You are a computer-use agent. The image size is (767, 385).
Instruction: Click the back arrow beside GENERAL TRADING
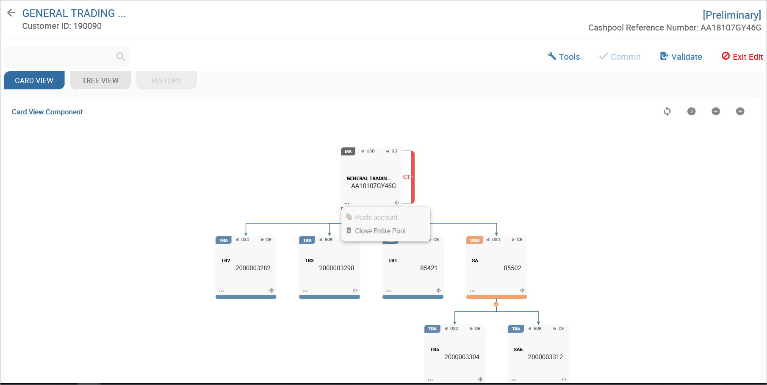pos(11,13)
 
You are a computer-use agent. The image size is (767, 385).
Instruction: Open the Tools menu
pos(564,57)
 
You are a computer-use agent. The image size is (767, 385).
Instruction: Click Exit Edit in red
pos(742,57)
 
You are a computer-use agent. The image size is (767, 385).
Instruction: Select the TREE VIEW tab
pos(100,80)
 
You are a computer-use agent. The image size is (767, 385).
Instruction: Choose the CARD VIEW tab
pos(34,80)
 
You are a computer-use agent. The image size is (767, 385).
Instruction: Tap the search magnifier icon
pos(121,57)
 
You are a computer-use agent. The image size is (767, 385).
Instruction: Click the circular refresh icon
pos(667,111)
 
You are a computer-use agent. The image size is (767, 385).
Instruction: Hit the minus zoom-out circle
pos(716,111)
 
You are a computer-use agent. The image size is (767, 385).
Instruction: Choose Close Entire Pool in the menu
pos(380,231)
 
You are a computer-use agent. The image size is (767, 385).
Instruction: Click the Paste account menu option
pos(376,217)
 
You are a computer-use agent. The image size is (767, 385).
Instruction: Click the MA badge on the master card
pos(348,151)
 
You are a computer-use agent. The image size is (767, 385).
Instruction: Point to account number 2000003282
pos(253,268)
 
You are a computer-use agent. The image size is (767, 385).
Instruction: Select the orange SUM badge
pos(474,240)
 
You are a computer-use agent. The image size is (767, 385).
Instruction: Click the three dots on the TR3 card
pos(305,291)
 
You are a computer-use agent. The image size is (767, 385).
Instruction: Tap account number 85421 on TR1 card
pos(429,268)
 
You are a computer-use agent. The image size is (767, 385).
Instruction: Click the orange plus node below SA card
pos(496,304)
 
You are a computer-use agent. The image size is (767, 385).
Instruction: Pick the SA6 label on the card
pos(518,349)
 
